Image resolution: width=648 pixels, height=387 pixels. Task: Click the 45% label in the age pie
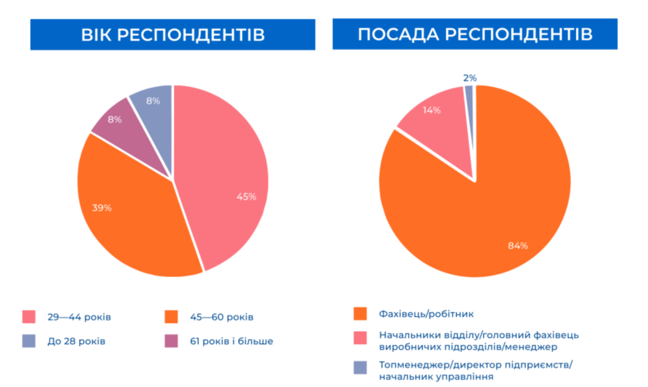(x=246, y=197)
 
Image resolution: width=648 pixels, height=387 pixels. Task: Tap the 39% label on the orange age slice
(x=102, y=208)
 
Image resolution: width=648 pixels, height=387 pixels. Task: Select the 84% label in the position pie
(x=518, y=246)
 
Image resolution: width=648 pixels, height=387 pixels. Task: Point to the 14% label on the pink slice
(x=432, y=110)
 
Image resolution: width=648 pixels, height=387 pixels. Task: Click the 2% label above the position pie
(x=470, y=78)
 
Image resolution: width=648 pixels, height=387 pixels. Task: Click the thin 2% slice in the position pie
(x=470, y=124)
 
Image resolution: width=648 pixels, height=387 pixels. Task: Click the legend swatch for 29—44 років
(x=29, y=317)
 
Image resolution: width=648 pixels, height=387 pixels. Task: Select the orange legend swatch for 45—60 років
(x=171, y=317)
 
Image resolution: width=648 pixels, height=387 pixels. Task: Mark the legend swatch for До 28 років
(x=29, y=341)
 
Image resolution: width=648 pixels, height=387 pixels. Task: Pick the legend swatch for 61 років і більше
(x=171, y=341)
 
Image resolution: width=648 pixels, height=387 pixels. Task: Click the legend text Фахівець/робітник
(x=426, y=314)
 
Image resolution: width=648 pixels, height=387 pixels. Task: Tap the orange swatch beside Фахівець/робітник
(x=360, y=314)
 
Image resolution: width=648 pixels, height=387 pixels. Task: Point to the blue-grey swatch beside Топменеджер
(x=360, y=367)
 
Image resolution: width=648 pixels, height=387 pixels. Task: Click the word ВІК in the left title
(x=96, y=35)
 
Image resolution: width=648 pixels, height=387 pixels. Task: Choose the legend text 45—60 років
(x=222, y=317)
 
